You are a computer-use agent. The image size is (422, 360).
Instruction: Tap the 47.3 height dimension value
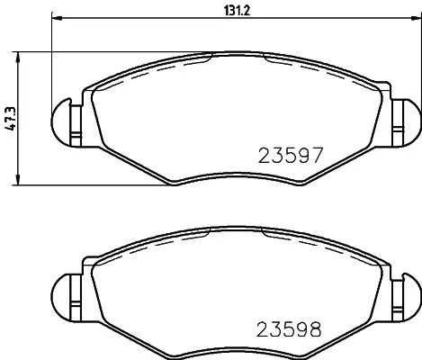(x=9, y=118)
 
